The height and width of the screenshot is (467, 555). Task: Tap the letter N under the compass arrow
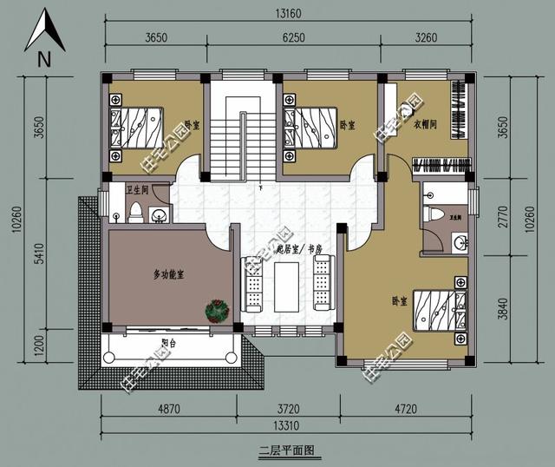click(43, 59)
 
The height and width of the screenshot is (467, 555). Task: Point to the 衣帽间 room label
click(425, 125)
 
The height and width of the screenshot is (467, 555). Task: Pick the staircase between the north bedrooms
click(236, 130)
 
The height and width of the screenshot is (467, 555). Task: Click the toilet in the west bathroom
click(136, 211)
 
